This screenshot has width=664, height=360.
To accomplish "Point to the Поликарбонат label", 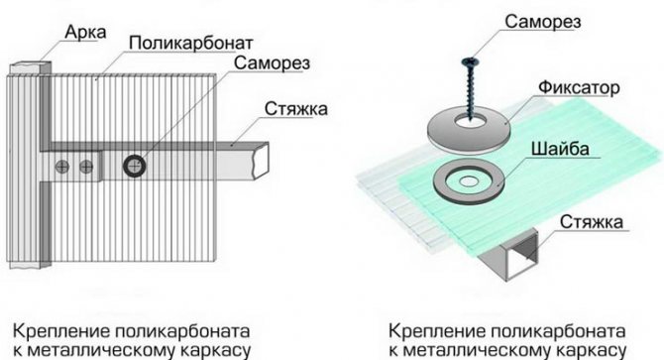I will click(x=192, y=45).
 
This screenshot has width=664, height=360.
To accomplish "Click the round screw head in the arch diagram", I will click(x=133, y=164).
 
